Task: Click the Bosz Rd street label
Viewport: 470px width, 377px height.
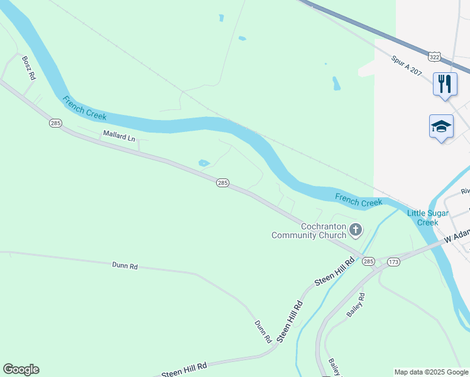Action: point(30,68)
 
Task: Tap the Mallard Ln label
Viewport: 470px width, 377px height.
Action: point(119,135)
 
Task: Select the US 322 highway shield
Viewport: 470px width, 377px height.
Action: point(434,57)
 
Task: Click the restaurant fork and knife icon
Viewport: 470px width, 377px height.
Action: point(445,84)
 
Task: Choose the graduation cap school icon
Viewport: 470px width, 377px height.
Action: point(441,126)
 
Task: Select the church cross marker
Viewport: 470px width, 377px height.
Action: point(356,231)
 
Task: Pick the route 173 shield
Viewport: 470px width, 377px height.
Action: point(393,261)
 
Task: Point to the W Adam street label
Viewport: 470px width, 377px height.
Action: point(457,236)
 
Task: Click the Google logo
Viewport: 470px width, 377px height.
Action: point(21,369)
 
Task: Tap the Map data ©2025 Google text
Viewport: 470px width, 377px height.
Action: point(431,372)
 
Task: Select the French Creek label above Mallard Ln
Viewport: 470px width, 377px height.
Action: point(84,107)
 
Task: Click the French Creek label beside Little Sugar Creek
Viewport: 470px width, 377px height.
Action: point(358,200)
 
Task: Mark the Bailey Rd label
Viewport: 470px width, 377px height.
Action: point(356,304)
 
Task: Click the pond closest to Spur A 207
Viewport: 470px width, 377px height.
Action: point(336,83)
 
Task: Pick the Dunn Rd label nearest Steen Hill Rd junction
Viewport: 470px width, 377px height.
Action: point(263,331)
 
